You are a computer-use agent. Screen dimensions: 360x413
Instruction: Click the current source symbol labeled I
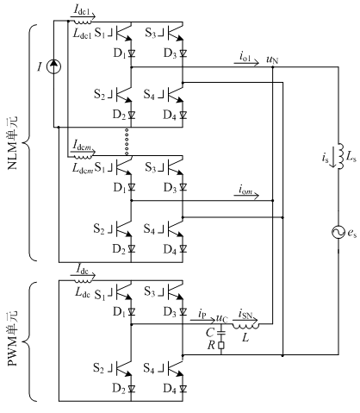[53, 66]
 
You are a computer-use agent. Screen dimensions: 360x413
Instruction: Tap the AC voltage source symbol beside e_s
[338, 232]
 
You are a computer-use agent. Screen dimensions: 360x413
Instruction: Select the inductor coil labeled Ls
[340, 156]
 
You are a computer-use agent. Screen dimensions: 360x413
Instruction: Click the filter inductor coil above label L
[245, 326]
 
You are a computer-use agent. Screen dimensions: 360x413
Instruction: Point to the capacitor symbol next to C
[221, 333]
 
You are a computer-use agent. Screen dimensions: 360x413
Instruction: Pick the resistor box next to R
[221, 345]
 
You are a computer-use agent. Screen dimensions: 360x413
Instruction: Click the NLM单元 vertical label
[12, 143]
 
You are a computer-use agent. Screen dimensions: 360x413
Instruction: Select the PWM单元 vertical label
[12, 338]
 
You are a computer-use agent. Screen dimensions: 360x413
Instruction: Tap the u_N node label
[272, 59]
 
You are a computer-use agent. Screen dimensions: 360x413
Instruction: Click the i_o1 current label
[245, 57]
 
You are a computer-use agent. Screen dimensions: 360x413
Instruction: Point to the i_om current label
[245, 190]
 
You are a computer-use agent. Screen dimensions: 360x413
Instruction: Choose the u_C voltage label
[221, 318]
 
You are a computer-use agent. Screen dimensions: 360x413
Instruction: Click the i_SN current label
[245, 314]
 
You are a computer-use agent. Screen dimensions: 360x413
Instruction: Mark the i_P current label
[202, 314]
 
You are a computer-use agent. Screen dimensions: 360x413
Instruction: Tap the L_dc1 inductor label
[82, 34]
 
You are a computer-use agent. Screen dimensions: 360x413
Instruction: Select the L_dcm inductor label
[83, 167]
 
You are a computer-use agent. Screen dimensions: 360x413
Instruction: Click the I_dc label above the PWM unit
[83, 269]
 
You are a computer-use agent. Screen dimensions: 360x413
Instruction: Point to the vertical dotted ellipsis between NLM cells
[127, 141]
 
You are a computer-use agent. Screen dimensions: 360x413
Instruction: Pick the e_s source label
[352, 233]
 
